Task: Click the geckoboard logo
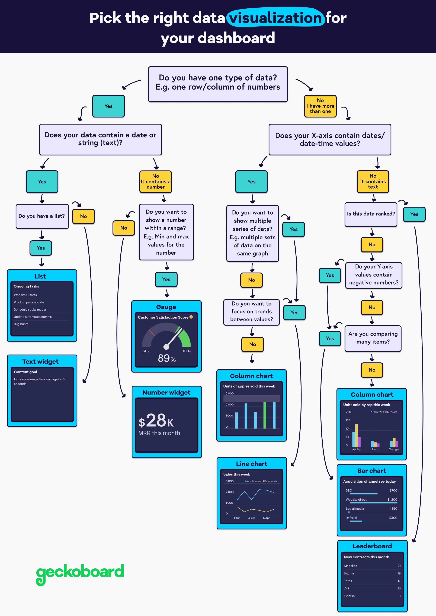[80, 573]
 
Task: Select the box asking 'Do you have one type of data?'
[218, 84]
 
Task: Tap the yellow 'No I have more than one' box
[320, 106]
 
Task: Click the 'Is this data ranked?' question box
[371, 214]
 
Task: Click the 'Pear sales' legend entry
[270, 481]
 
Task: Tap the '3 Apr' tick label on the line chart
[251, 518]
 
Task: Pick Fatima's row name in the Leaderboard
[349, 573]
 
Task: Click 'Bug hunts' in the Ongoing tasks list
[21, 324]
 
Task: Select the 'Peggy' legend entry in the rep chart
[385, 412]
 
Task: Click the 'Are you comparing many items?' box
[373, 338]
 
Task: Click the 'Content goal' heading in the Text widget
[25, 372]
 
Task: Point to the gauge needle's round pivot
[166, 347]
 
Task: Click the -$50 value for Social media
[394, 509]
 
